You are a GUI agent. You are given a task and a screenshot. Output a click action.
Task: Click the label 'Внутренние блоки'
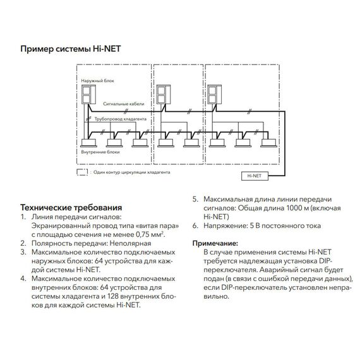99,152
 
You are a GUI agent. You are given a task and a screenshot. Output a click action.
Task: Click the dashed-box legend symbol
81,171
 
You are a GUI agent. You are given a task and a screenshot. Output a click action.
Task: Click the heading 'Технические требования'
71,207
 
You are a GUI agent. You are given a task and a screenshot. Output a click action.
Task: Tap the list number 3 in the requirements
23,251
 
